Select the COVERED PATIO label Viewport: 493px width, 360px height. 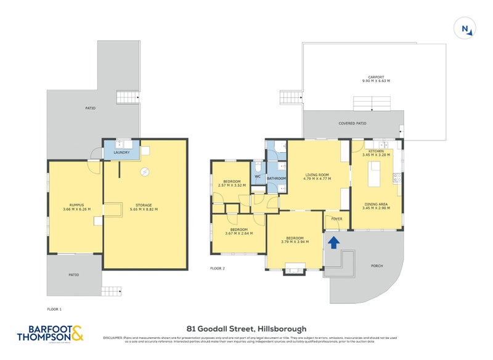click(x=352, y=123)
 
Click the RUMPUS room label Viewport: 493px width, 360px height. click(x=76, y=205)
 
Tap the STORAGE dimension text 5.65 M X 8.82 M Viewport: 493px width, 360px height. click(x=144, y=210)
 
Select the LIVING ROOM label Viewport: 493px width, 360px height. click(x=317, y=175)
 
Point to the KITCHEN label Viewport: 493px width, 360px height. click(x=376, y=151)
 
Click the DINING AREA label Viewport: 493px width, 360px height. click(x=375, y=204)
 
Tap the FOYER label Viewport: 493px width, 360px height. click(x=336, y=219)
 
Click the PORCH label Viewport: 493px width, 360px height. click(x=377, y=266)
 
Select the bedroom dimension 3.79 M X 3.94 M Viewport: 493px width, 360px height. click(x=295, y=242)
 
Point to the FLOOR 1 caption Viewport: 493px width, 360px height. click(x=54, y=308)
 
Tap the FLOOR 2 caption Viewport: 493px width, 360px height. click(x=217, y=268)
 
